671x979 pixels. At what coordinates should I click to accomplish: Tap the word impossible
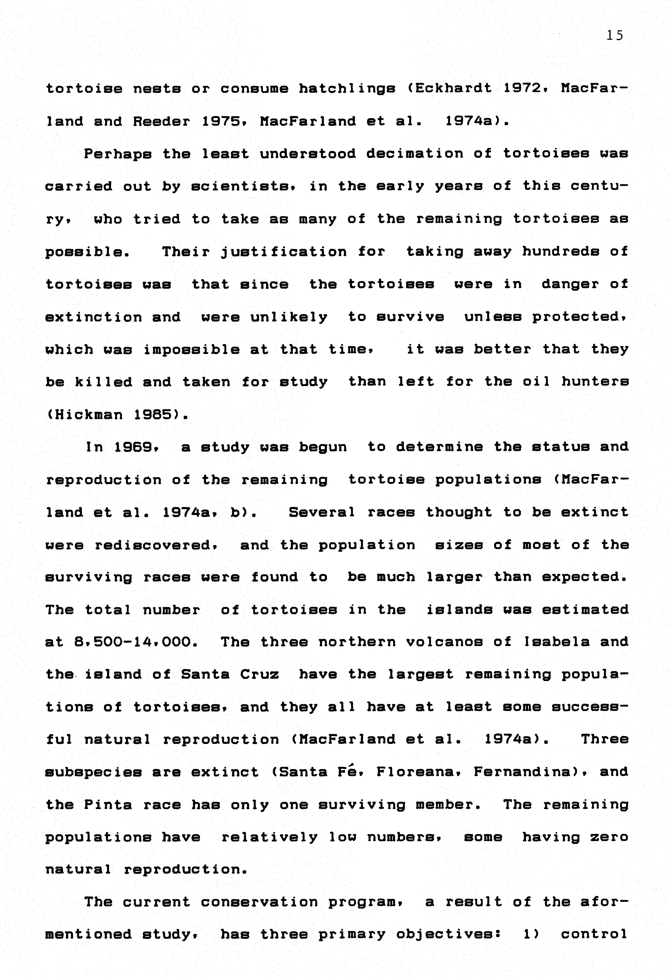tap(192, 350)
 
